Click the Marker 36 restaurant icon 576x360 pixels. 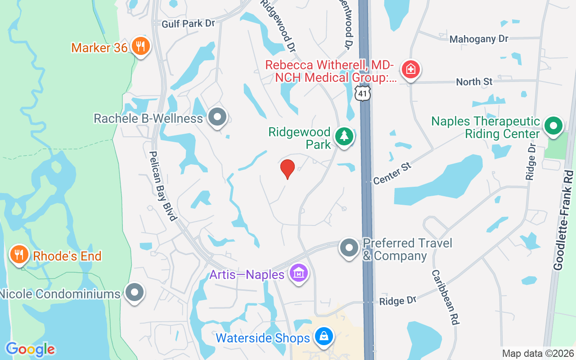click(x=140, y=46)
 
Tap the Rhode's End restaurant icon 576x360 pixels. click(x=19, y=255)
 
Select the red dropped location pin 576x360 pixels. click(x=288, y=169)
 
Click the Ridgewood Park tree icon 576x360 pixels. click(x=345, y=136)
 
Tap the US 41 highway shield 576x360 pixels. click(x=363, y=94)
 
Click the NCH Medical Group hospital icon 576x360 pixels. click(x=410, y=70)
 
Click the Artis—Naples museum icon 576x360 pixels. click(x=299, y=273)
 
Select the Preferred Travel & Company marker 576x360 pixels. click(x=349, y=248)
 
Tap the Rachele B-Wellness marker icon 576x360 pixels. click(x=218, y=117)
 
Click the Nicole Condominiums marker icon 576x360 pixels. click(x=134, y=292)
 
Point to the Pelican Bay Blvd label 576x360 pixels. click(x=162, y=185)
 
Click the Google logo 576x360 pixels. click(x=30, y=349)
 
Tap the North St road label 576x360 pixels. click(x=474, y=82)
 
